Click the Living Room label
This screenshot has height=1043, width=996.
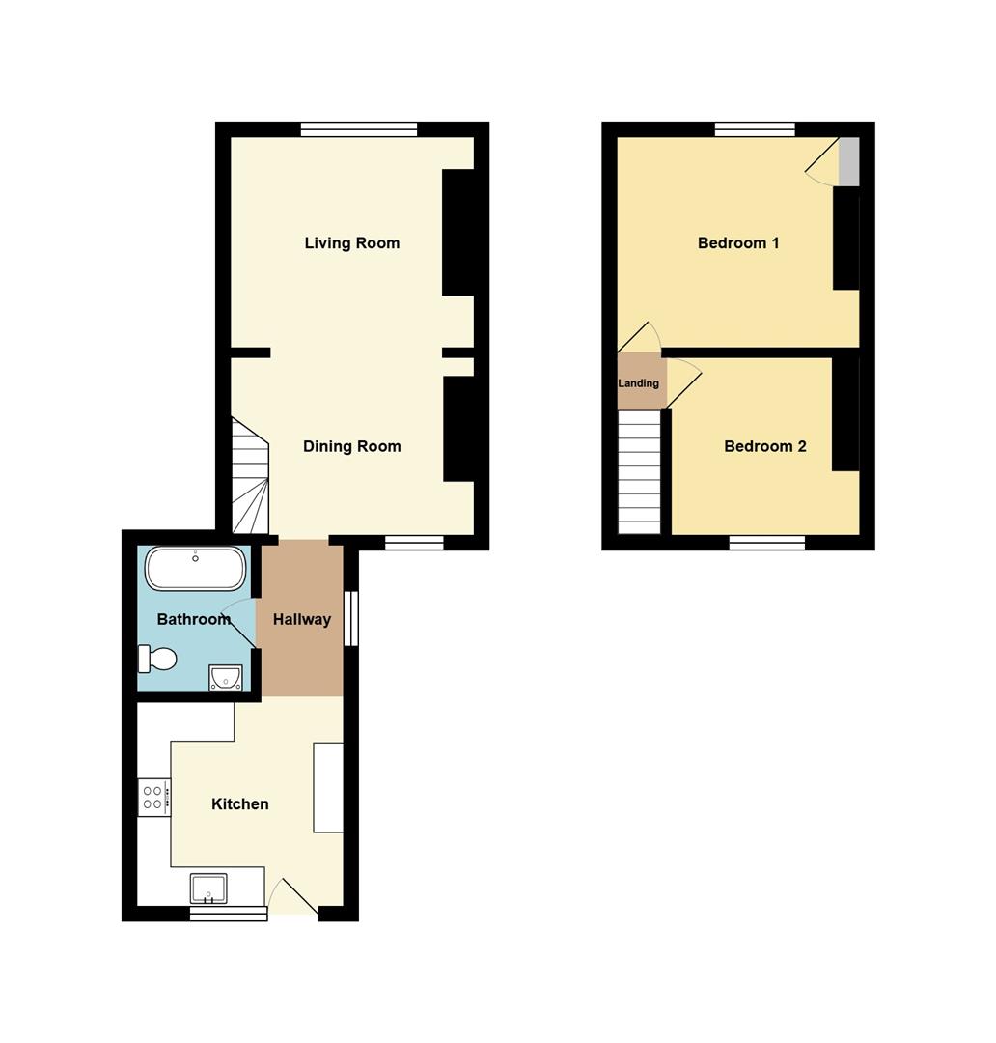(351, 242)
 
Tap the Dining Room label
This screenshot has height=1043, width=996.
(351, 446)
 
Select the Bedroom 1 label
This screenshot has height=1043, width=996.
(738, 242)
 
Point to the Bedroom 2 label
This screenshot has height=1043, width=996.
(764, 446)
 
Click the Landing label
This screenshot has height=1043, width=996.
(638, 383)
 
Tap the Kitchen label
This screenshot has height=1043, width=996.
(240, 804)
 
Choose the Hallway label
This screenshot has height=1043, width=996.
(302, 619)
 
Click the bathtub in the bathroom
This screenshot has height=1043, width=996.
(196, 569)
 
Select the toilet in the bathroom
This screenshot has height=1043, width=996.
(157, 659)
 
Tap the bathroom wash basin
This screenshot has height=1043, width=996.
(226, 678)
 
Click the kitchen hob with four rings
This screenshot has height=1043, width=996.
(153, 798)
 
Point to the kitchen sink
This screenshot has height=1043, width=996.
(208, 888)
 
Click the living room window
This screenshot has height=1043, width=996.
(359, 129)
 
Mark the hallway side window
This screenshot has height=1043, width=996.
(351, 618)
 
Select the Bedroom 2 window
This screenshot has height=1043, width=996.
(767, 543)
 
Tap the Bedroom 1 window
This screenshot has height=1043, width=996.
(756, 129)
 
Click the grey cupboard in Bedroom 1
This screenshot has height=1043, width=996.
(848, 161)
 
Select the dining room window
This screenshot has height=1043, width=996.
(414, 543)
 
